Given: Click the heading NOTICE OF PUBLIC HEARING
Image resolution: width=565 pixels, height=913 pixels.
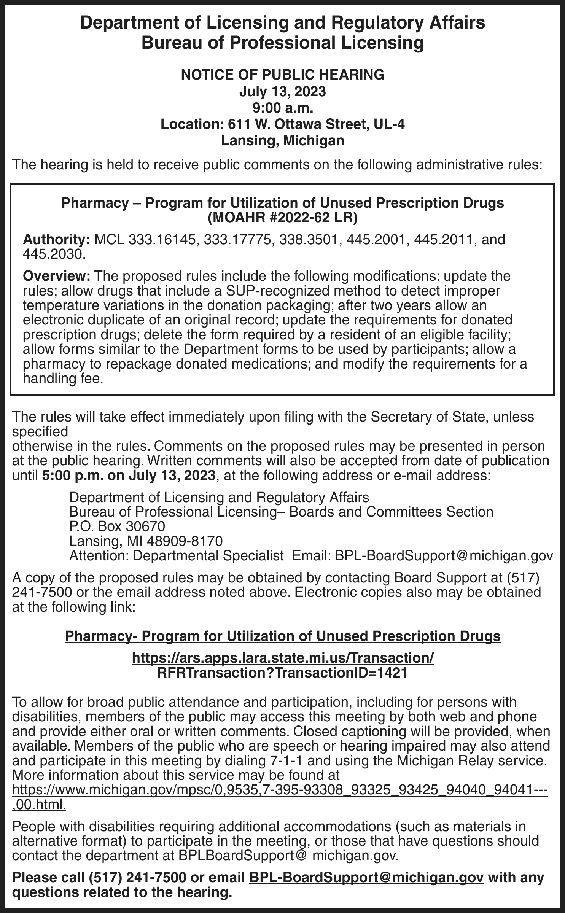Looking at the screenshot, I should [x=282, y=75].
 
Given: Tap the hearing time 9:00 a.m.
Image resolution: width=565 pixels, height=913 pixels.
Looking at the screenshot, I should [x=282, y=108].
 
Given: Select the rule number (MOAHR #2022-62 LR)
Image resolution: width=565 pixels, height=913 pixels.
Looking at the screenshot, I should [x=282, y=218].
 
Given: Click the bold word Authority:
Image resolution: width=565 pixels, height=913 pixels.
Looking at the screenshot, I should [x=56, y=240].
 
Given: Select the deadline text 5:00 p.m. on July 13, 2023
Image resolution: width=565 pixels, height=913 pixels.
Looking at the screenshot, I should [x=129, y=476].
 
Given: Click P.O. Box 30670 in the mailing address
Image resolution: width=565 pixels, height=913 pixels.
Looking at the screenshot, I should [x=117, y=526].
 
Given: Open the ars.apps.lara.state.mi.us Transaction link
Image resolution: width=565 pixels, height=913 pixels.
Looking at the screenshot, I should [x=282, y=659].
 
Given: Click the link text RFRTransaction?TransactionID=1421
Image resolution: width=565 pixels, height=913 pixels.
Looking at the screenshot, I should [x=282, y=673].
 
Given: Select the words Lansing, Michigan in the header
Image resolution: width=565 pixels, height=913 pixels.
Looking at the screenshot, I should [x=282, y=141].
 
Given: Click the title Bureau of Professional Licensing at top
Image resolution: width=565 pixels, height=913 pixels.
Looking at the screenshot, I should [x=282, y=43].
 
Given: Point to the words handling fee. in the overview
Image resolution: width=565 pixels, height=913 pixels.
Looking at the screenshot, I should [x=63, y=379].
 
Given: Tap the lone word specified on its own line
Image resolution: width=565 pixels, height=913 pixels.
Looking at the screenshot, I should [x=40, y=432].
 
